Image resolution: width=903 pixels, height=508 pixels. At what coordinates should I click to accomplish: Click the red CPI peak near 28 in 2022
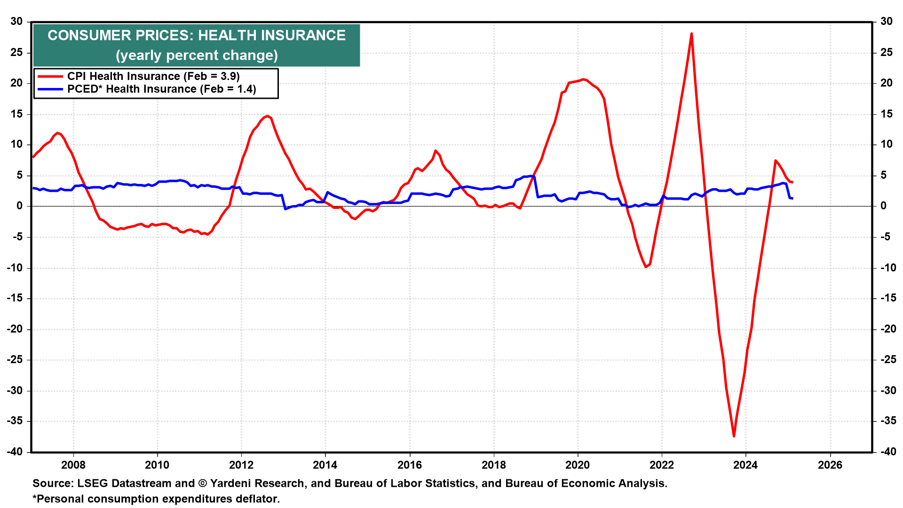pos(691,33)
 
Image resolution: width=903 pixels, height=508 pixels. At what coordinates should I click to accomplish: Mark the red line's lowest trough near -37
pos(734,436)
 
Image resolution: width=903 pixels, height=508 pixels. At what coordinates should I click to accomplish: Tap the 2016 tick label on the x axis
pos(409,465)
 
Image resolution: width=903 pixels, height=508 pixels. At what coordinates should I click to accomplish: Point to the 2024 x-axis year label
pos(745,465)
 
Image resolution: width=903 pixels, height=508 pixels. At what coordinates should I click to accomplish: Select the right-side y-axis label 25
pos(886,52)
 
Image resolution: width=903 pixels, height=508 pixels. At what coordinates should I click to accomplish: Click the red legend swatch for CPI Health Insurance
pos(50,76)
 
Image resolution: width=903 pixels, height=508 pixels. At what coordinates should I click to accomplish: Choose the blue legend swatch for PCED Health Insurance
pos(50,89)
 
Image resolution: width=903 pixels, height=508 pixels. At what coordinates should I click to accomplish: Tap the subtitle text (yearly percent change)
pos(197,56)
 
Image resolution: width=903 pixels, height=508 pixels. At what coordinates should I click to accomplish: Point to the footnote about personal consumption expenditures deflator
pos(156,499)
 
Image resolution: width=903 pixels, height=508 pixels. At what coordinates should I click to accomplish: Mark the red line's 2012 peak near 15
pos(267,116)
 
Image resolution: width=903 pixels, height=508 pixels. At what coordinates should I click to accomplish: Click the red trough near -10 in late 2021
pos(646,267)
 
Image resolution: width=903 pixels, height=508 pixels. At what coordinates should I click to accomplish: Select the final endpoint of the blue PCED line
pos(792,198)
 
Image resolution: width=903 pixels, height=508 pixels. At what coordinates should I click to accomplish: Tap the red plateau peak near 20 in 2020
pos(583,79)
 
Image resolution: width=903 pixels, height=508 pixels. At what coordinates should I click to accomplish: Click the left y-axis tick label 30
pos(16,21)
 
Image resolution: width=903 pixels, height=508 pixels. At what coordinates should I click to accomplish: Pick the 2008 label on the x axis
pos(73,465)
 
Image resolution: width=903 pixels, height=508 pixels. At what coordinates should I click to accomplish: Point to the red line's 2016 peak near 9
pos(436,151)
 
